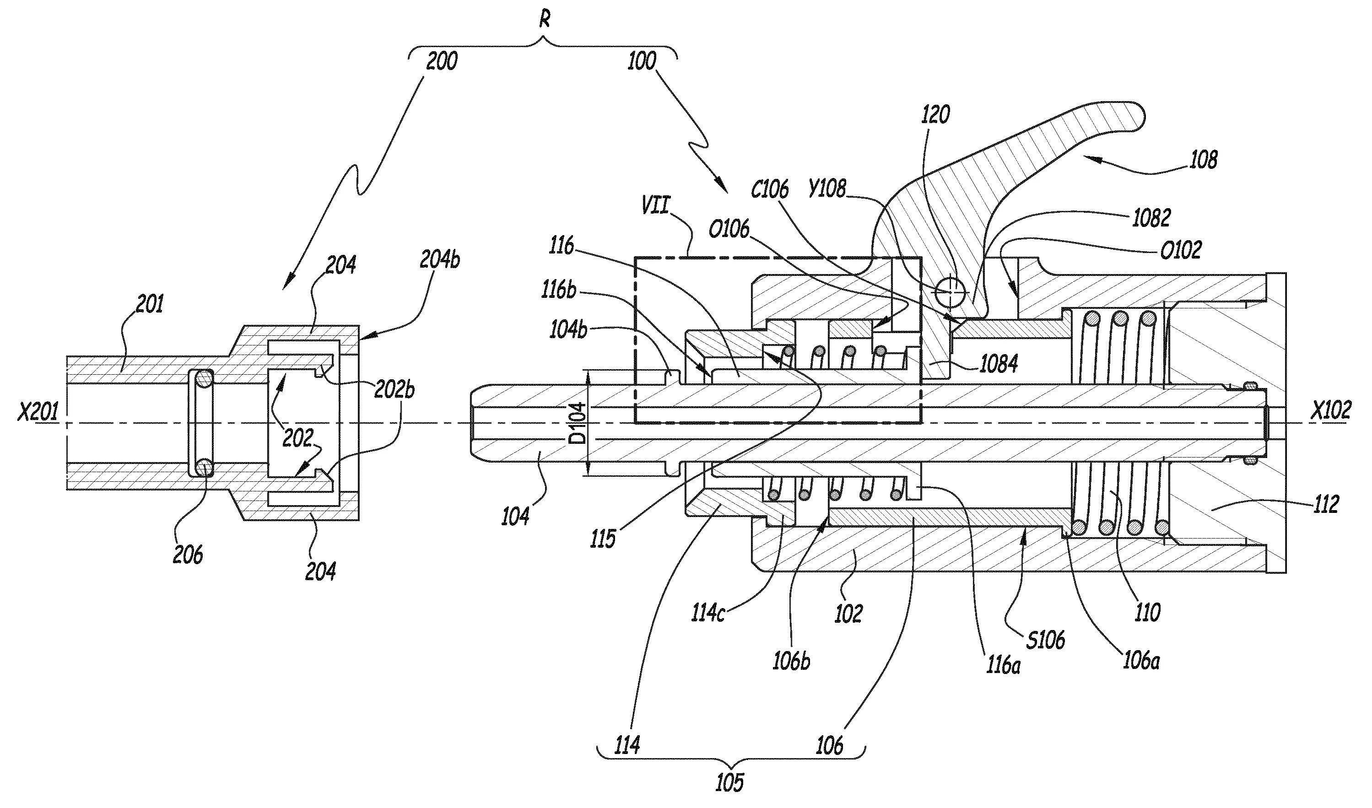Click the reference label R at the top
(x=545, y=20)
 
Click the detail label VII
(x=655, y=206)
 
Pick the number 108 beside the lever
(x=1204, y=160)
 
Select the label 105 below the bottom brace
(x=729, y=782)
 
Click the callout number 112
(x=1326, y=504)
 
